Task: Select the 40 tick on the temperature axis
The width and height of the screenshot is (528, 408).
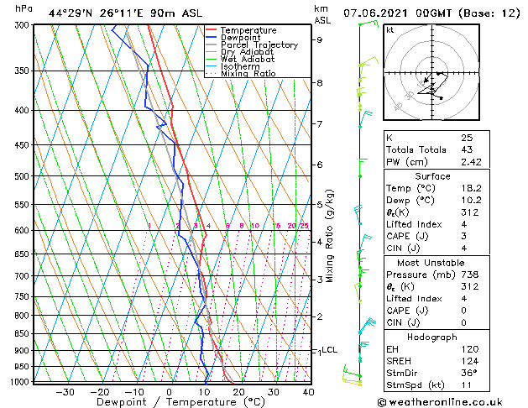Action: tap(308, 391)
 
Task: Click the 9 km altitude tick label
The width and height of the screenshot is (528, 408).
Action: tap(319, 39)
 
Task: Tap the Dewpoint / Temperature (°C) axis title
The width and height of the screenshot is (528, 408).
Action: tap(169, 401)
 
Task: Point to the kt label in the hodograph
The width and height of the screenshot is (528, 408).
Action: tap(390, 30)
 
